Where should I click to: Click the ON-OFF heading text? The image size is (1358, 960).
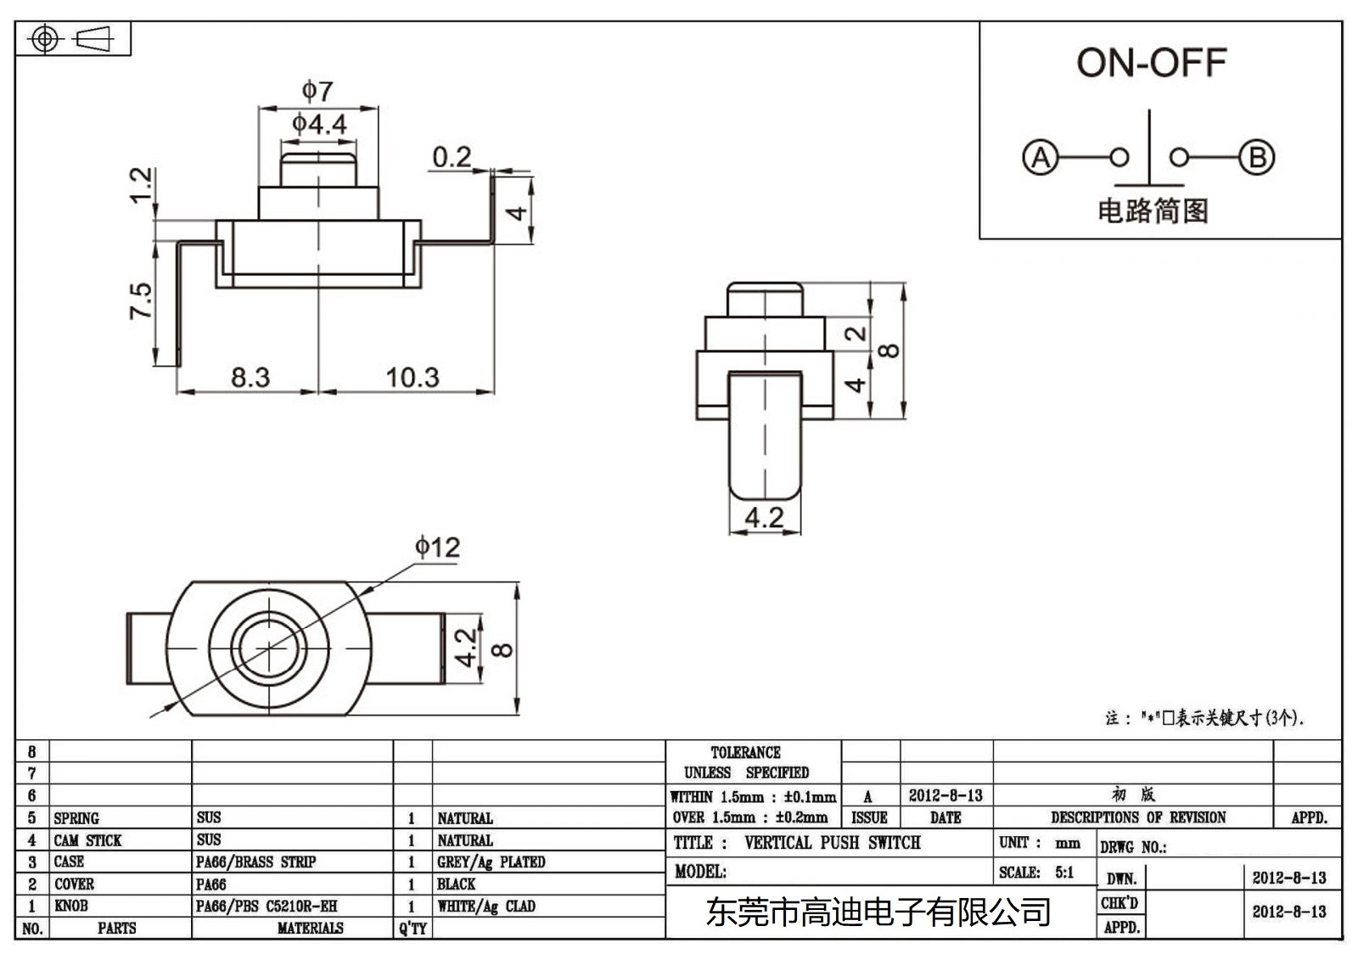click(x=1151, y=63)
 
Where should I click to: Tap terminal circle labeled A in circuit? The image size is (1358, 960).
click(x=1041, y=158)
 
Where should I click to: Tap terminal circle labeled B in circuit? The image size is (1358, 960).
click(x=1256, y=158)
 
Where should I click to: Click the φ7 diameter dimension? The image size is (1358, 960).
click(x=318, y=91)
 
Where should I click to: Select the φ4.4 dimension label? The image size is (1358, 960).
click(x=319, y=125)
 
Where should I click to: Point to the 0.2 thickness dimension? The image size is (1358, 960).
click(x=451, y=157)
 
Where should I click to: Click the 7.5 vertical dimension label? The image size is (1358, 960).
click(x=141, y=301)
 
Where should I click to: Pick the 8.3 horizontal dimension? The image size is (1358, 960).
click(x=250, y=377)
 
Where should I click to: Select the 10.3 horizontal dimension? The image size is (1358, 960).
click(x=412, y=377)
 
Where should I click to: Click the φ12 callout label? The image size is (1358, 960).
click(x=437, y=547)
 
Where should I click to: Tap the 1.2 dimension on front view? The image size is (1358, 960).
click(x=141, y=185)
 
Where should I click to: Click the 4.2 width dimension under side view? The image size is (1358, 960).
click(x=764, y=517)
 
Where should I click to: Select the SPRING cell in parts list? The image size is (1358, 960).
click(x=76, y=818)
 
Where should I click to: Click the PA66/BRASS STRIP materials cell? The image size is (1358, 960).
click(x=255, y=862)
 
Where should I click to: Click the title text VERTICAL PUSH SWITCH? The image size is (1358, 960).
click(x=832, y=843)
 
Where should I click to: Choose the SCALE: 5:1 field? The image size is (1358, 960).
click(x=1035, y=873)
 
